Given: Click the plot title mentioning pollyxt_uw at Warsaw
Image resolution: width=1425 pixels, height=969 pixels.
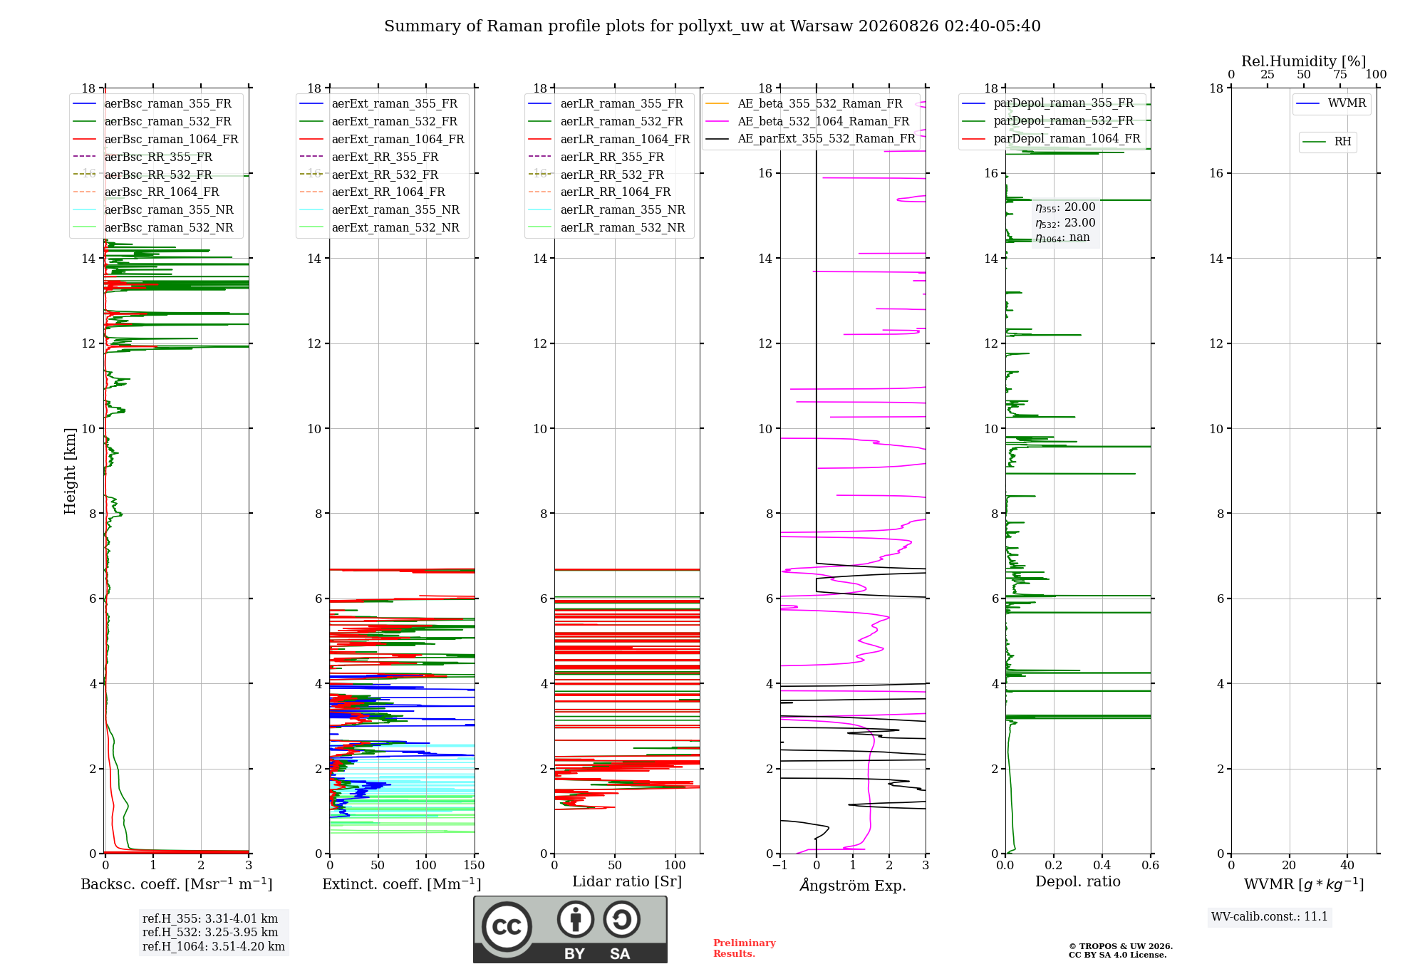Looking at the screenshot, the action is pyautogui.click(x=712, y=26).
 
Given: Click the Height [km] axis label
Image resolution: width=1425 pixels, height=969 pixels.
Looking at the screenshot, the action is pyautogui.click(x=70, y=471).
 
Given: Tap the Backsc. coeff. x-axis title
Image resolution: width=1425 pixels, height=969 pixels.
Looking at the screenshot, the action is pyautogui.click(x=177, y=884).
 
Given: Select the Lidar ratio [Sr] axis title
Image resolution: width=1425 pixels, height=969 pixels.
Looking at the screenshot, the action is pyautogui.click(x=627, y=881).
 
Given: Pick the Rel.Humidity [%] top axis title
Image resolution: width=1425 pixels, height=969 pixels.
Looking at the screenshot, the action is pyautogui.click(x=1304, y=61).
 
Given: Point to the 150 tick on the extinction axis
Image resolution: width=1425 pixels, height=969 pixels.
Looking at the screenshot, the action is pyautogui.click(x=474, y=866).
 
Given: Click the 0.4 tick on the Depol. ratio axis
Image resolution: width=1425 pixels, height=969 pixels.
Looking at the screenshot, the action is pyautogui.click(x=1102, y=866).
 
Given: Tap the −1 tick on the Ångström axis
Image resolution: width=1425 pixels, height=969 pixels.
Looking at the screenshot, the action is pyautogui.click(x=780, y=866).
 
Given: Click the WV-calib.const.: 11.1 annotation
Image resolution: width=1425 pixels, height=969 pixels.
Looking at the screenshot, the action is pyautogui.click(x=1270, y=916).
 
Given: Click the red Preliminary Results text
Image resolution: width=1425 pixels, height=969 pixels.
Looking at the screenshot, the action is pyautogui.click(x=745, y=948).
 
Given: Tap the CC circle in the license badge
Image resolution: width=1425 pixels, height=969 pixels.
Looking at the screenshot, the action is pyautogui.click(x=507, y=926).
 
